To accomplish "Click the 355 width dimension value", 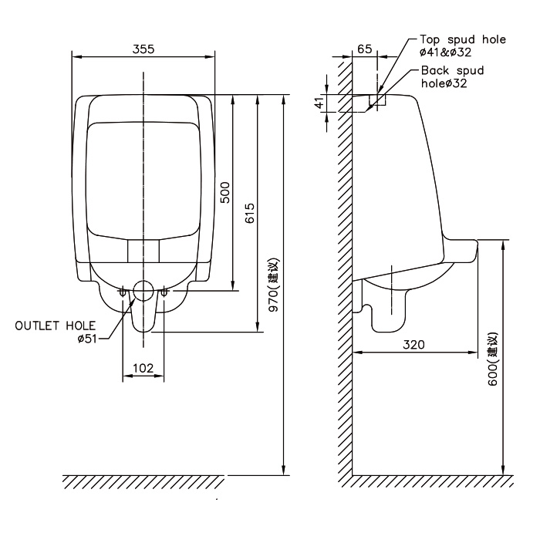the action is coord(143,49).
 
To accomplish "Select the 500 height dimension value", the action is coord(224,193).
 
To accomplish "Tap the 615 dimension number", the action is coord(250,213).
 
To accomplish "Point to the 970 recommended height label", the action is coord(274,285).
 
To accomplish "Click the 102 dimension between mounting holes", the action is coord(143,368).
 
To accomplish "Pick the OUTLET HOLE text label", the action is coord(55,326).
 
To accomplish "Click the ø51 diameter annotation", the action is coord(87,339).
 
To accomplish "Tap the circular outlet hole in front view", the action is coord(143,290).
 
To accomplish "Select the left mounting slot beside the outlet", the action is coord(123,292).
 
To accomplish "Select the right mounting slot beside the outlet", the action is coord(164,292).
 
